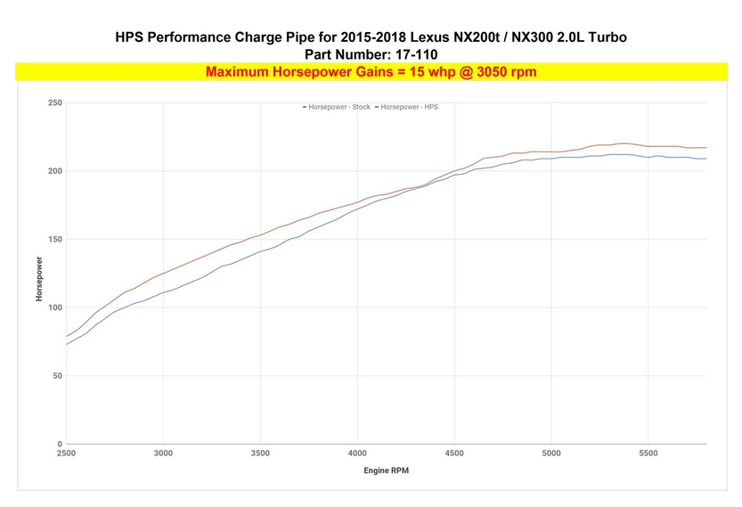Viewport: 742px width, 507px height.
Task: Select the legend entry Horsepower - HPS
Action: (412, 107)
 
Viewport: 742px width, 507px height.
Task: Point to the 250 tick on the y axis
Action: (55, 103)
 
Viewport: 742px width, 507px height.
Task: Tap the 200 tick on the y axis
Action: (55, 171)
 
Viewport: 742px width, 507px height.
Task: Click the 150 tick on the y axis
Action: (55, 240)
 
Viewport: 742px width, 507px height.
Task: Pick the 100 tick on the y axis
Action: (55, 307)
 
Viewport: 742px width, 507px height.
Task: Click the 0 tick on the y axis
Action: (60, 444)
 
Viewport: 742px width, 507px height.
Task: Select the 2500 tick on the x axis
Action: (67, 454)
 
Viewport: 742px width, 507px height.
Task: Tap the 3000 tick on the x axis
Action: (163, 454)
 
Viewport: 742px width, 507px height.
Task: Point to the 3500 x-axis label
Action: (260, 454)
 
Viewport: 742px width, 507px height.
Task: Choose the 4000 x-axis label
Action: (357, 454)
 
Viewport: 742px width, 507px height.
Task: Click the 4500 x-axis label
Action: (454, 454)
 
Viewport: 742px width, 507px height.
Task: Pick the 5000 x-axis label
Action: (551, 454)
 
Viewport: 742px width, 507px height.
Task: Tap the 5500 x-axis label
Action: (648, 454)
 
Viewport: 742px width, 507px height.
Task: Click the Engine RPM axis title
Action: (387, 470)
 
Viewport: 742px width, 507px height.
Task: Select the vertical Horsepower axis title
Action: (39, 279)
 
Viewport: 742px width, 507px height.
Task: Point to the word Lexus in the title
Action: (440, 37)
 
